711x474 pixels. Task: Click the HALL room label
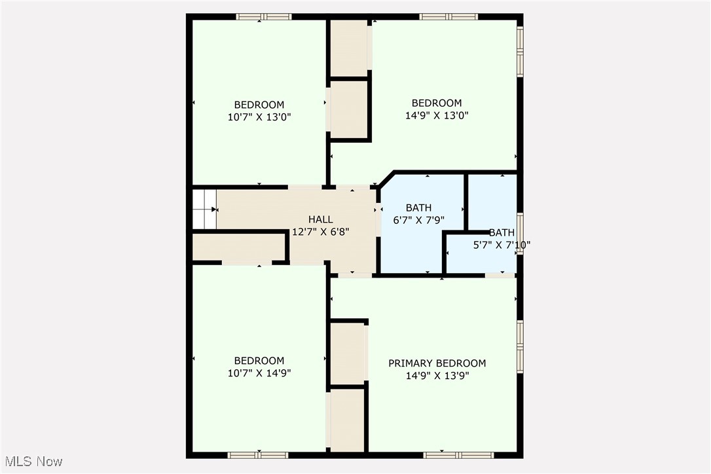[x=321, y=219]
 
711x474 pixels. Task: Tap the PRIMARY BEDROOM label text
[x=437, y=363]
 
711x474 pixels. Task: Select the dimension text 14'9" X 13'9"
[x=437, y=376]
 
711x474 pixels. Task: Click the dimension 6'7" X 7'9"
[x=418, y=221]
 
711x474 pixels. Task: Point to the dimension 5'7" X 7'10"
[x=501, y=245]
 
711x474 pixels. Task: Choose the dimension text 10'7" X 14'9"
[x=259, y=373]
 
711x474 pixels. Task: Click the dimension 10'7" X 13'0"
[x=259, y=117]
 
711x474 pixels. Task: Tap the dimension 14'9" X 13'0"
[x=437, y=115]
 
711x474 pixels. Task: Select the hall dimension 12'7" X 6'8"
[x=321, y=231]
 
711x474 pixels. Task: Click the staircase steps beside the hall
[x=204, y=209]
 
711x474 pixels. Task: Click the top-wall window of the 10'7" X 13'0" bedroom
[x=264, y=16]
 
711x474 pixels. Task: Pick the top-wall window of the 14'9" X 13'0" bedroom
[x=448, y=16]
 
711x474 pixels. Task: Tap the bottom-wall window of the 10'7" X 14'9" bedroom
[x=257, y=454]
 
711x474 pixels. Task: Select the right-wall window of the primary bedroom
[x=520, y=345]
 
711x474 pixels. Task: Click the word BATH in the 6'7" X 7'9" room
[x=418, y=208]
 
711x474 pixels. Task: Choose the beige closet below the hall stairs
[x=239, y=247]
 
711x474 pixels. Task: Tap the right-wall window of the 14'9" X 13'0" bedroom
[x=520, y=51]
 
